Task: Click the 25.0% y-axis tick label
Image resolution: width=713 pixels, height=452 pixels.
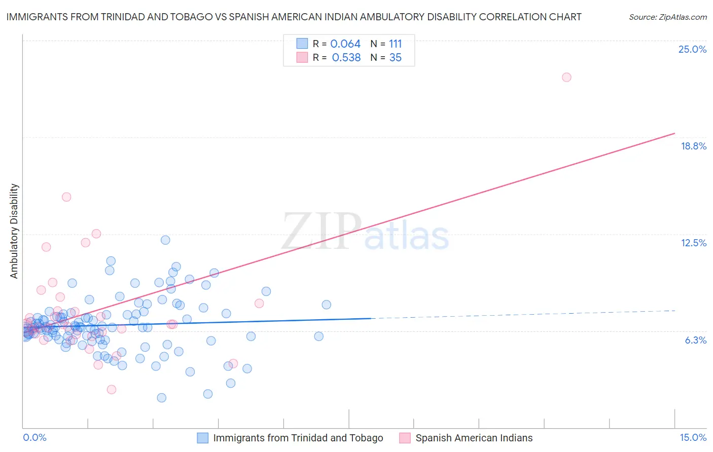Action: click(x=692, y=49)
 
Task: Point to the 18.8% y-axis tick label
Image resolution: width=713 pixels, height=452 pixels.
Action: click(x=693, y=146)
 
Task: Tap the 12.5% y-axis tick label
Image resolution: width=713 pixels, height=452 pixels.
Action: click(x=693, y=243)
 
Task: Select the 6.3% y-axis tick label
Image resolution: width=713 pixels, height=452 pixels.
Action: click(x=695, y=340)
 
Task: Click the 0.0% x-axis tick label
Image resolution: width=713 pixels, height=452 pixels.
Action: click(x=34, y=437)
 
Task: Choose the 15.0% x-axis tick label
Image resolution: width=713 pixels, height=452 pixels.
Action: click(x=693, y=437)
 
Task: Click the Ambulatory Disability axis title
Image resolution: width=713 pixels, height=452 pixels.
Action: click(x=14, y=231)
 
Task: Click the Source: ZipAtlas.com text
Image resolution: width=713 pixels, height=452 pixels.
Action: click(x=667, y=17)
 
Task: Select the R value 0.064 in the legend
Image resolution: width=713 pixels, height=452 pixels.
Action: click(x=345, y=44)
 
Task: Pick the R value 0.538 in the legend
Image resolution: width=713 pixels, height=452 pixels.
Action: click(x=346, y=58)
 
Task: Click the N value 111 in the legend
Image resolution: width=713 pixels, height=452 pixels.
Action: click(x=395, y=44)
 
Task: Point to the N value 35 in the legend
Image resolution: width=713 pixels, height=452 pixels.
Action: click(x=395, y=58)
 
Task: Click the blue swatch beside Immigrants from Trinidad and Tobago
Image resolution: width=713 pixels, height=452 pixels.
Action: click(x=203, y=438)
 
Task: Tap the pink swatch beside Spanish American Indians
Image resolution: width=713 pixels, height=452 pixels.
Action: click(x=405, y=438)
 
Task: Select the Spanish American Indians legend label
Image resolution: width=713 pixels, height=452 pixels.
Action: click(x=474, y=438)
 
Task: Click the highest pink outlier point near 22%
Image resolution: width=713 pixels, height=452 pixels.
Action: click(x=566, y=78)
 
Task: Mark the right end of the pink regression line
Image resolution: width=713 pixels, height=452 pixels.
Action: click(x=675, y=133)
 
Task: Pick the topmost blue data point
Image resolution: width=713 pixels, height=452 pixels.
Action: click(x=165, y=240)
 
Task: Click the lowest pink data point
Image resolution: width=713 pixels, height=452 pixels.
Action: click(x=112, y=389)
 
